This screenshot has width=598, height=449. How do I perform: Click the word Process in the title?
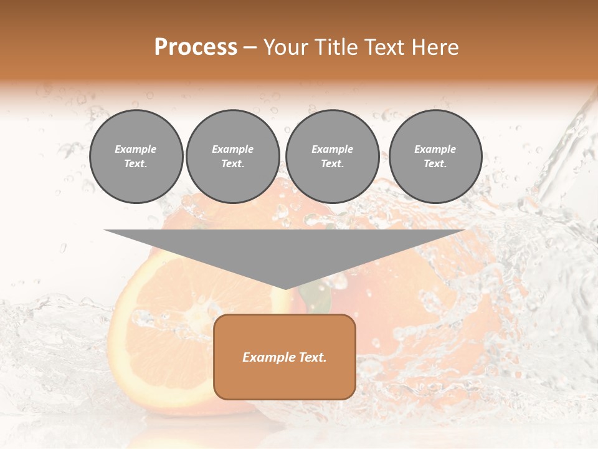pos(196,47)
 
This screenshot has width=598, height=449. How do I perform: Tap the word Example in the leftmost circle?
pos(136,149)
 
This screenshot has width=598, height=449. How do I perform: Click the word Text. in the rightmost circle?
pos(435,163)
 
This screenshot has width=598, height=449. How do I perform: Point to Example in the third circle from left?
pos(332,149)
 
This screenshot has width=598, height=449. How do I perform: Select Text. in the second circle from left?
pos(233,163)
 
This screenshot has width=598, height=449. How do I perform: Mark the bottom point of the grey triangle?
pos(285,288)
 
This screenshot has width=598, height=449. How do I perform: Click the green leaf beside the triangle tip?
pos(316,297)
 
